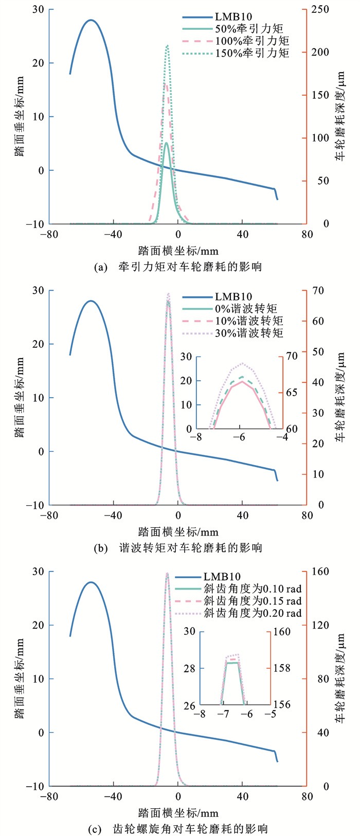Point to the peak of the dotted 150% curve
167,46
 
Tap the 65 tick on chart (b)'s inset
291,393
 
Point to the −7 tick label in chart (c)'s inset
223,715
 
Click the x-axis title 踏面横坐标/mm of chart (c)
178,813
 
